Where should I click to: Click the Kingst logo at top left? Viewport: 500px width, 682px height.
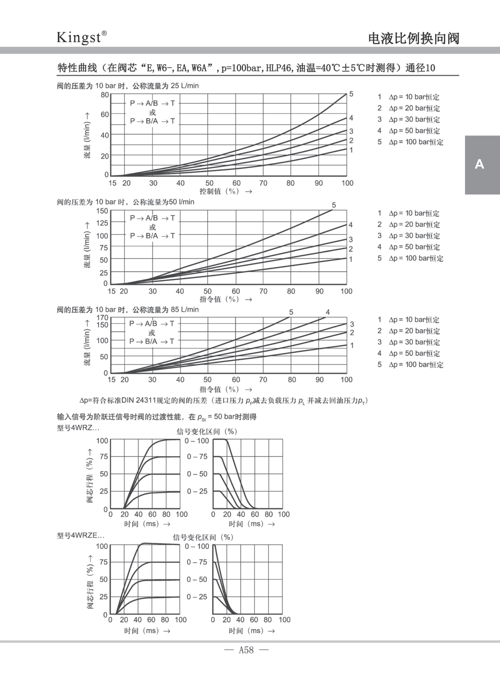pyautogui.click(x=81, y=37)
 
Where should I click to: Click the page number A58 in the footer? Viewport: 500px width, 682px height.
pyautogui.click(x=246, y=650)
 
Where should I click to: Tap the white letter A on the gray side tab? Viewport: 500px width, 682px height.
pyautogui.click(x=479, y=164)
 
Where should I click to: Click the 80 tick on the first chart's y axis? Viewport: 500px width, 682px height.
pyautogui.click(x=105, y=95)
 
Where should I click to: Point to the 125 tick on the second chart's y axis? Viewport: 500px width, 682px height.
pyautogui.click(x=102, y=223)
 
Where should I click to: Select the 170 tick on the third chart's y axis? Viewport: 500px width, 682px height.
pyautogui.click(x=102, y=318)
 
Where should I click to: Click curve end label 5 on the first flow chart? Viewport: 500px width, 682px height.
pyautogui.click(x=351, y=94)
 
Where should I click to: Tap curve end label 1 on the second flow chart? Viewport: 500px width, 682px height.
pyautogui.click(x=351, y=259)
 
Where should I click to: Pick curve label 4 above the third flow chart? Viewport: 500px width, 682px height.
pyautogui.click(x=328, y=312)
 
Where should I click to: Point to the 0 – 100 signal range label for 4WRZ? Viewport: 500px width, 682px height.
pyautogui.click(x=197, y=441)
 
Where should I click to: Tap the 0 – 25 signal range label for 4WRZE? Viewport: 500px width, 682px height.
pyautogui.click(x=197, y=597)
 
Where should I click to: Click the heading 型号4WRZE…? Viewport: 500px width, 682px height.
pyautogui.click(x=80, y=536)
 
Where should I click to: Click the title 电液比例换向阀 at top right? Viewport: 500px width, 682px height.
pyautogui.click(x=414, y=38)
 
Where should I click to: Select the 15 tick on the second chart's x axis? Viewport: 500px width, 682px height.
pyautogui.click(x=112, y=291)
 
